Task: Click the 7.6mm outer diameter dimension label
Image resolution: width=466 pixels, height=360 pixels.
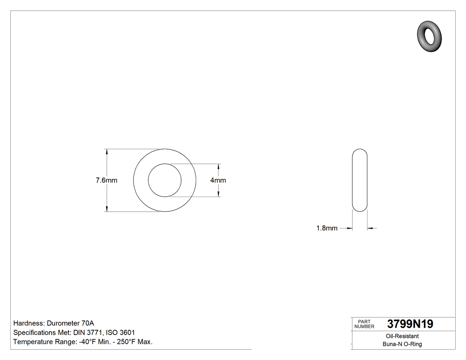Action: coord(107,180)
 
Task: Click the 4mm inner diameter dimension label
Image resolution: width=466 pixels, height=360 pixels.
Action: coord(218,180)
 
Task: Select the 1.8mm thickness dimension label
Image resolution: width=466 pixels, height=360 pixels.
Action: coord(327,228)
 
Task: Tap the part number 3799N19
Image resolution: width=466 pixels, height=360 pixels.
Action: coord(410,324)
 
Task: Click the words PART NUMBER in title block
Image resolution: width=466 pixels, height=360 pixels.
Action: coord(364,324)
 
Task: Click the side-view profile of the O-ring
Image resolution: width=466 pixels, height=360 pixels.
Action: coord(359,180)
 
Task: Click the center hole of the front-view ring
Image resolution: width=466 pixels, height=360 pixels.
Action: coord(165,180)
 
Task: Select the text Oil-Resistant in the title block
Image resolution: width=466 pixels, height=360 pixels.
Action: coord(402,336)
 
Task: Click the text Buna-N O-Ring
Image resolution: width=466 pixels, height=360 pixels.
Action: coord(402,344)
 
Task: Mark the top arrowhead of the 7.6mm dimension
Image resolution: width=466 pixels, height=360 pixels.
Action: coord(107,152)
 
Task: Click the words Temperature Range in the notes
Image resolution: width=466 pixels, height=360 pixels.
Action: coord(41,342)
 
